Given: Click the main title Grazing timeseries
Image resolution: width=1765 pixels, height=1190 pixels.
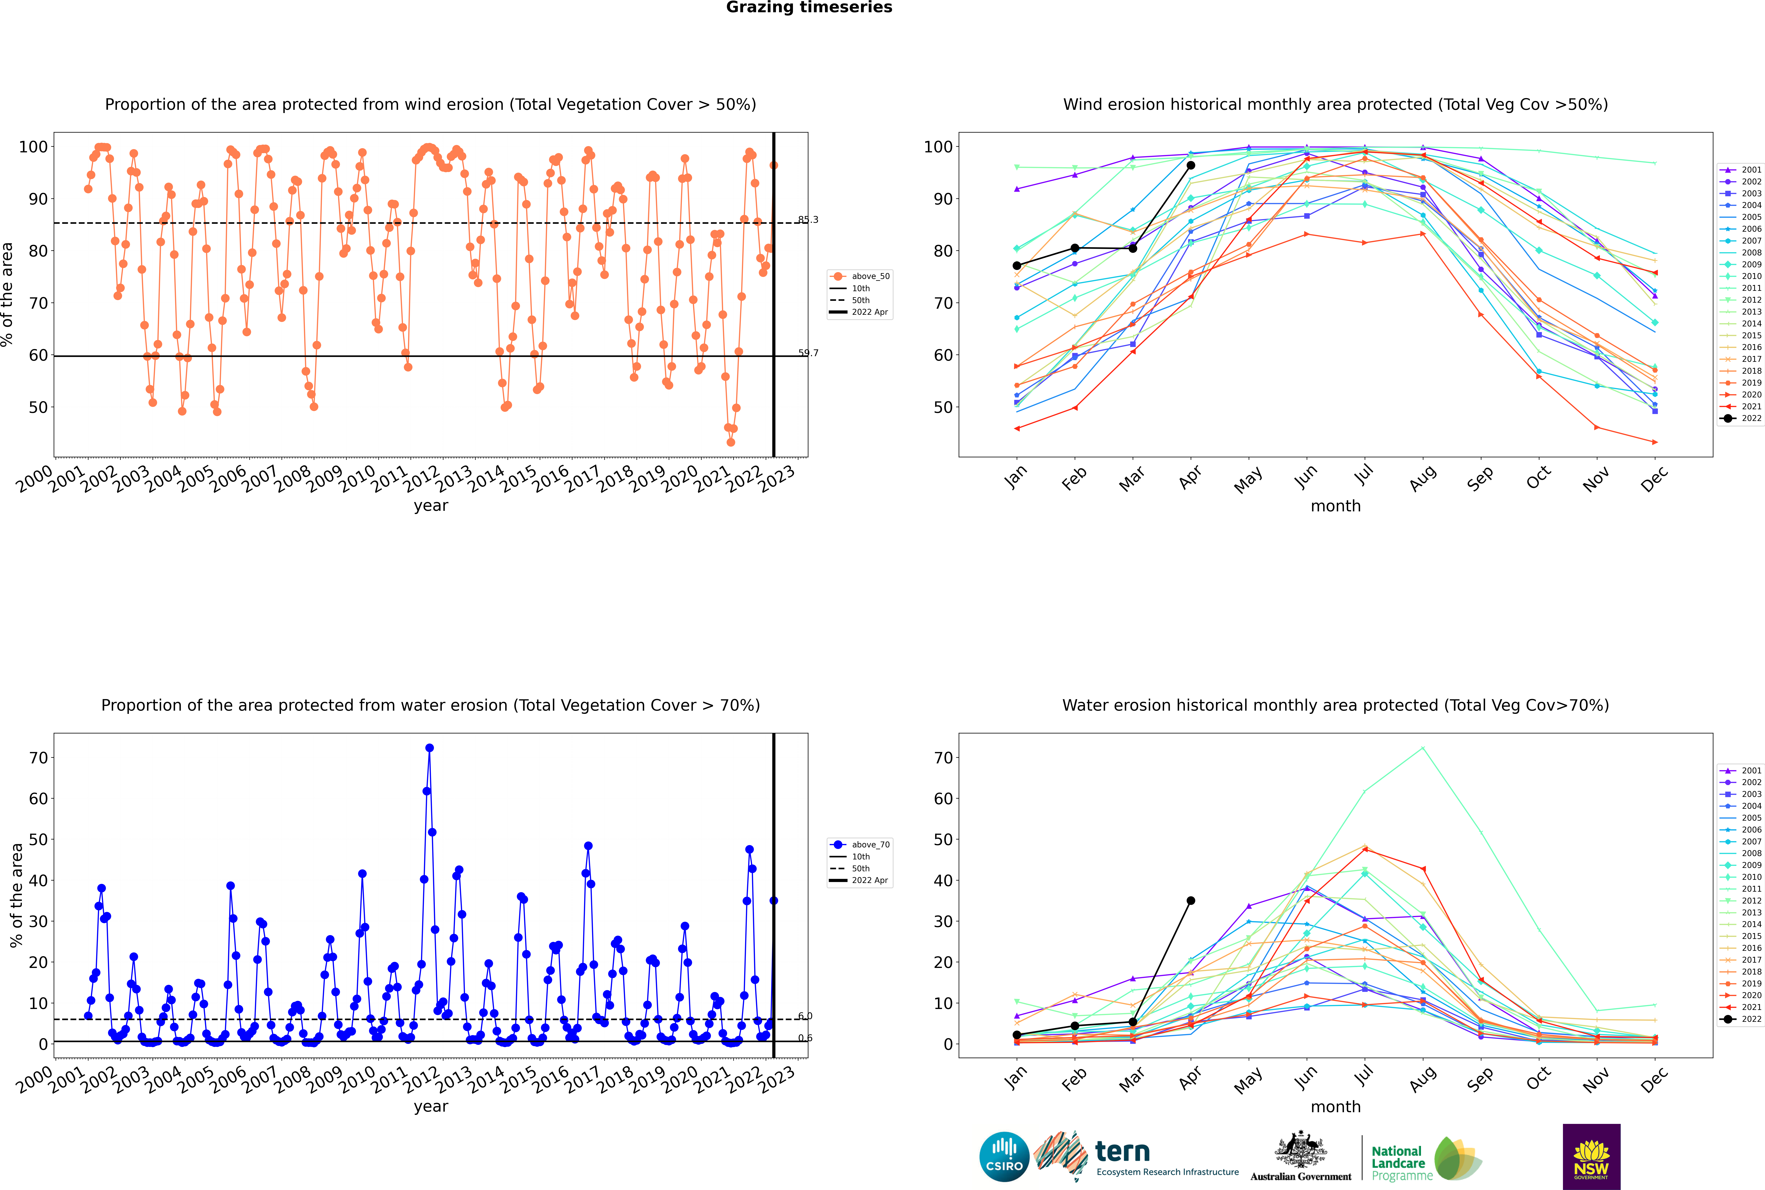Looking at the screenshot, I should click(809, 8).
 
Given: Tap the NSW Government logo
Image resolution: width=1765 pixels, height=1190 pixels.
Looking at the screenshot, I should click(1591, 1156).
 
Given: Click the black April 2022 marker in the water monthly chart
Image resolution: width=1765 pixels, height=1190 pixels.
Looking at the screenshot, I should click(1191, 901).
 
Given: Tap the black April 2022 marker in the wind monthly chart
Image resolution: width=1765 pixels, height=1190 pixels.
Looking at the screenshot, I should click(1191, 165).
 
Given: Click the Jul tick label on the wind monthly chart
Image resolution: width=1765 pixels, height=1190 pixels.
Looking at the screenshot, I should click(1364, 475).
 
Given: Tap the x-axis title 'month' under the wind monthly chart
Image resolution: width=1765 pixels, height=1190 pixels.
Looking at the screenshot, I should click(1335, 506).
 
